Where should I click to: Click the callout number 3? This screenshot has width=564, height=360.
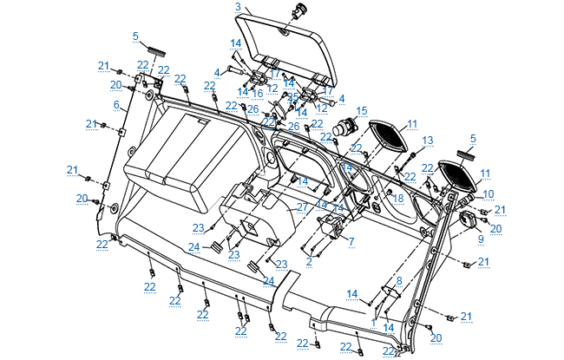238,7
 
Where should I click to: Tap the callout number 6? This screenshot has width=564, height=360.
116,105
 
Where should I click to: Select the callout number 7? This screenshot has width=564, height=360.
351,242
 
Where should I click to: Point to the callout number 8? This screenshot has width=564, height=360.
399,281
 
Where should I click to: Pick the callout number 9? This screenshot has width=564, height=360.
480,238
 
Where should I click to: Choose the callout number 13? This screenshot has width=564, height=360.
427,140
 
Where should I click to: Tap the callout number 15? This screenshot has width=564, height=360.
362,110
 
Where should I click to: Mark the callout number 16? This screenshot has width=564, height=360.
258,92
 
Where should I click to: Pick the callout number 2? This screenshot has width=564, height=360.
309,260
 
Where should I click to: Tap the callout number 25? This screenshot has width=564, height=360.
293,96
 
